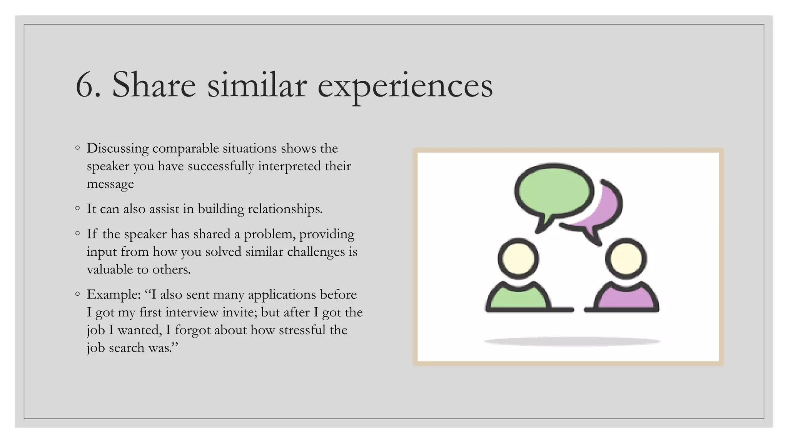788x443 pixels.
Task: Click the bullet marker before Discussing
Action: pos(78,148)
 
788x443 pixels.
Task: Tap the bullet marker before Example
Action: pos(78,294)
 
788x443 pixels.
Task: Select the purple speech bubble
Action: pos(606,210)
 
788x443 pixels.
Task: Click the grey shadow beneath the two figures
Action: pos(572,341)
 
